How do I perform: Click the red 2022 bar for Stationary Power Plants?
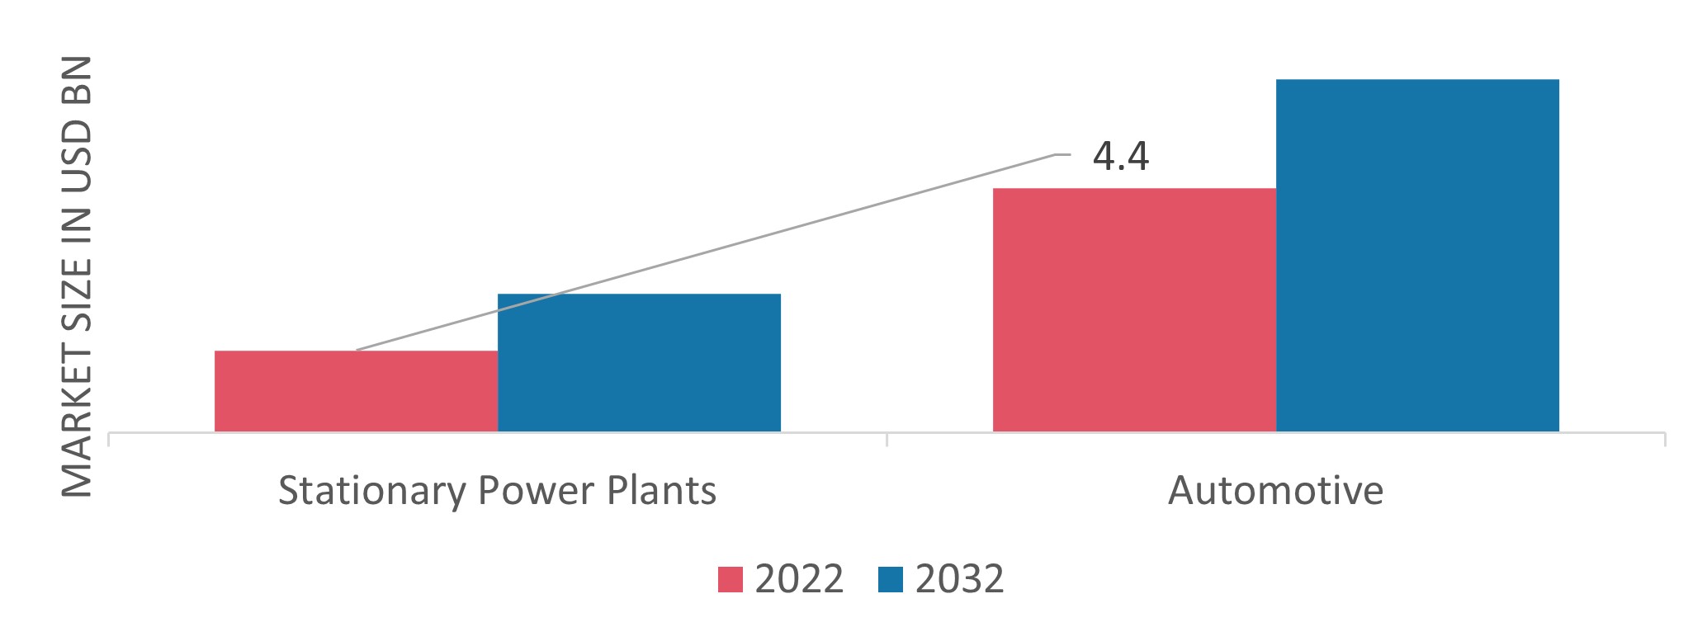356,391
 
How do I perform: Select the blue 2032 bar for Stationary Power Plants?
639,363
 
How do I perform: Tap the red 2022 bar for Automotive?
1134,310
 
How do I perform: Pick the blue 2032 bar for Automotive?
1417,256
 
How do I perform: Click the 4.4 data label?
1120,157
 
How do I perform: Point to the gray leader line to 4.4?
743,242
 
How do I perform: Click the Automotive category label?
1275,491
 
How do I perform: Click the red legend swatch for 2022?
730,579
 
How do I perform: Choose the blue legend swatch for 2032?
891,579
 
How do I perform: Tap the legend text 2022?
799,579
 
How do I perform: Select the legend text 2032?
959,579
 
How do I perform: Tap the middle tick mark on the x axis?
887,439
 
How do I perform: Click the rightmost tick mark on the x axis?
1664,439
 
